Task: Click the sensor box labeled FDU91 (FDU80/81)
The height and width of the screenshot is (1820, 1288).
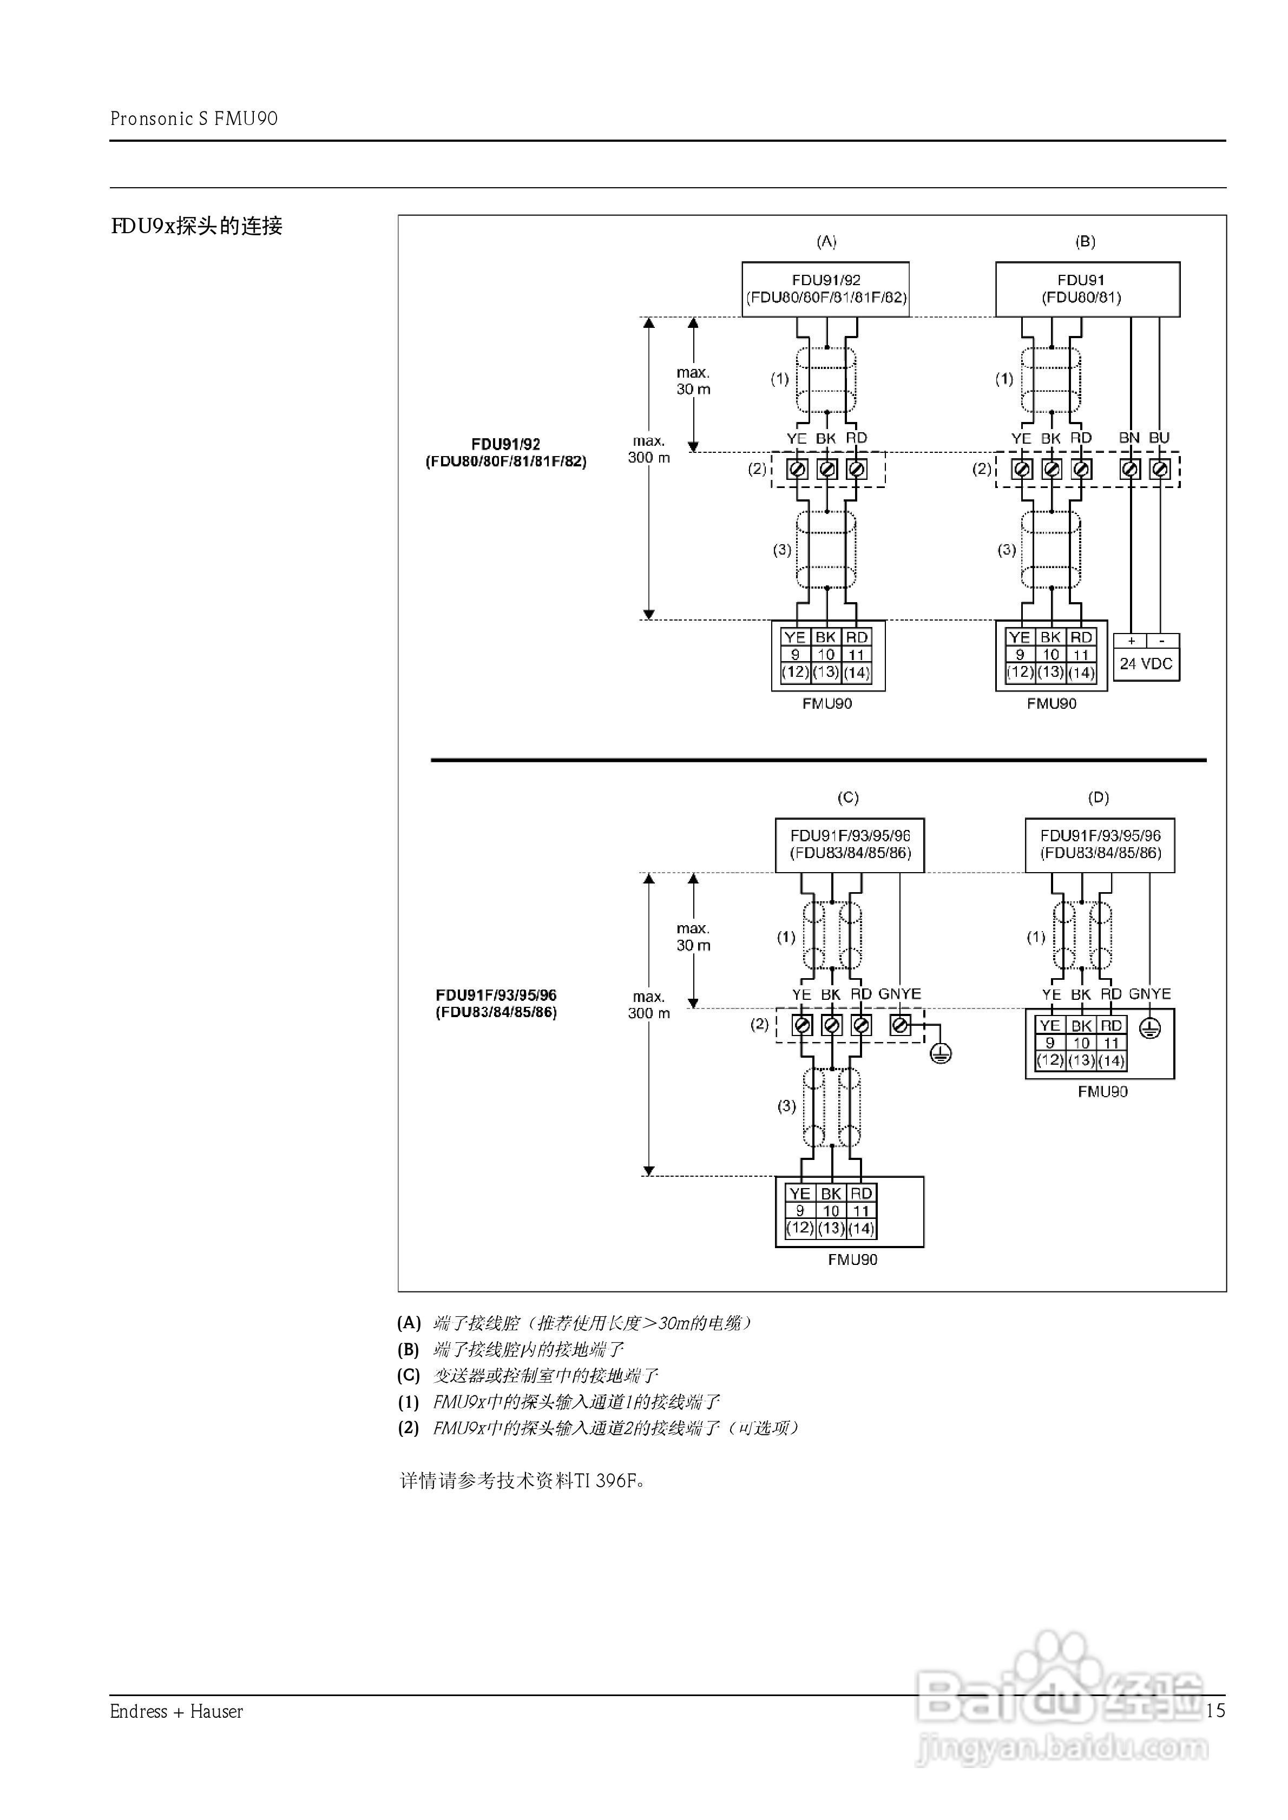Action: click(1087, 289)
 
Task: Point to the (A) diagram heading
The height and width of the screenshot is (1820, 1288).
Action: click(826, 242)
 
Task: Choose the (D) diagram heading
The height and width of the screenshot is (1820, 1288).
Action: click(1099, 797)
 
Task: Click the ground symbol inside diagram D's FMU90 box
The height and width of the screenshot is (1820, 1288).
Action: click(1150, 1029)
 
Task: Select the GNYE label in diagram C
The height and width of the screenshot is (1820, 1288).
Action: click(899, 994)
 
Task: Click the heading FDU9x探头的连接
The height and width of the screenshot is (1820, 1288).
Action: click(196, 227)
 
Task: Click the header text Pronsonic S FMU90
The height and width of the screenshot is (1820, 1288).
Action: click(194, 119)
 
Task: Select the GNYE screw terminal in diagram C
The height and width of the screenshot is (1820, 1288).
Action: click(900, 1026)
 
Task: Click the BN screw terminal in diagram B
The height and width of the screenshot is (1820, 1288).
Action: click(1130, 469)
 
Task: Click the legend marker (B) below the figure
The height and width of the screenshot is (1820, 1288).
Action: click(409, 1349)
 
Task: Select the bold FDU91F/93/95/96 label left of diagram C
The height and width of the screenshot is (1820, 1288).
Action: click(496, 995)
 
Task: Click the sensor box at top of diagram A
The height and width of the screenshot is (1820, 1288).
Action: click(826, 289)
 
